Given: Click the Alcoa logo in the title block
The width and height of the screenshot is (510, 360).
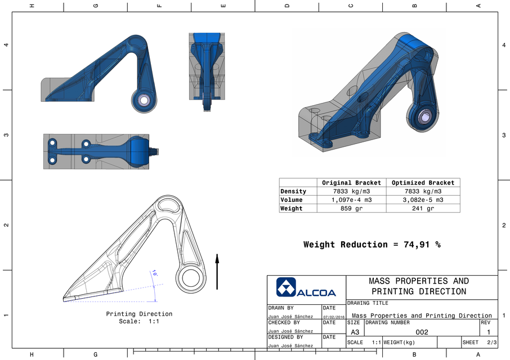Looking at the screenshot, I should [x=306, y=287].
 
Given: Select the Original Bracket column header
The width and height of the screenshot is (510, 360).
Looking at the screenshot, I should [x=351, y=183].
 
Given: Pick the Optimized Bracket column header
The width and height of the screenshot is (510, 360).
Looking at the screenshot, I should [x=423, y=183].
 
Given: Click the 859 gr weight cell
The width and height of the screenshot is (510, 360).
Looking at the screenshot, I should [x=351, y=209].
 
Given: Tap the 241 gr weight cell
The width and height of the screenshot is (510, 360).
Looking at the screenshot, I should [x=423, y=209].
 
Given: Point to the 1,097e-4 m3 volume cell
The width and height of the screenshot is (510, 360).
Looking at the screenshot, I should [x=351, y=200].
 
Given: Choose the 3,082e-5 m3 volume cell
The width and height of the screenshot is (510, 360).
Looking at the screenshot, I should [x=423, y=200].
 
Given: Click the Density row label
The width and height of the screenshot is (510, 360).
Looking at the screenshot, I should [x=293, y=191].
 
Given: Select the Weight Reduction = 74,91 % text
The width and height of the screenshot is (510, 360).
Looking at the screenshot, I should [x=372, y=245].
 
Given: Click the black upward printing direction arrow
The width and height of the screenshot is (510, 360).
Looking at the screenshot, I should [x=217, y=271].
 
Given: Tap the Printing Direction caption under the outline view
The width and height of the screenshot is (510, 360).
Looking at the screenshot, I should [x=139, y=314].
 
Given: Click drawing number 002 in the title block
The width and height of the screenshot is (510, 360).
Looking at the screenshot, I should [x=421, y=332].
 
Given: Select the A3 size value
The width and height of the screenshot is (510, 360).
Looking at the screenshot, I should [x=355, y=332].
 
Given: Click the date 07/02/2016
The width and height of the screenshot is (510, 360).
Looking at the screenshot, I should [x=333, y=317].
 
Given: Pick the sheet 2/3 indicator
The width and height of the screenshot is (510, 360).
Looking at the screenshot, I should [x=491, y=342].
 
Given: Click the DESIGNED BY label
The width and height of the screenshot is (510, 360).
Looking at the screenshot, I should [x=285, y=337].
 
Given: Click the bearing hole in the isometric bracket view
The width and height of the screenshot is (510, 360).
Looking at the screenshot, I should [x=424, y=117].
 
